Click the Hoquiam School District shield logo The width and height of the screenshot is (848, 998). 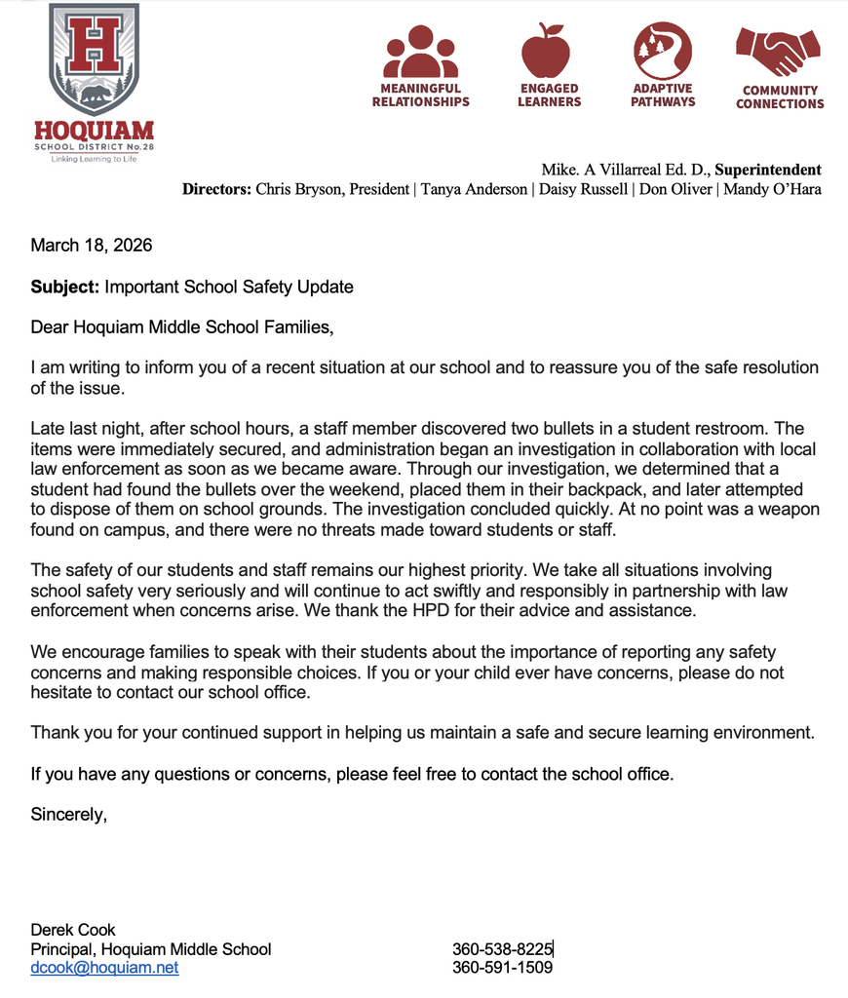[x=94, y=59]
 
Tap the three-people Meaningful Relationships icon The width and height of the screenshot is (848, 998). [x=420, y=52]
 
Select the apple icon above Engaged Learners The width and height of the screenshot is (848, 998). [x=549, y=51]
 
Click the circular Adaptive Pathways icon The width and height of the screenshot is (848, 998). [x=663, y=51]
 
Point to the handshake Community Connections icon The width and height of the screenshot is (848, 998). [x=779, y=52]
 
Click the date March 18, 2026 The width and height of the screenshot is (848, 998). [x=92, y=246]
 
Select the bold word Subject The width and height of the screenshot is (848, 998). [x=63, y=288]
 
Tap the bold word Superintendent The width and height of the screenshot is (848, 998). [x=768, y=171]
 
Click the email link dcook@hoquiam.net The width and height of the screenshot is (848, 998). [x=104, y=968]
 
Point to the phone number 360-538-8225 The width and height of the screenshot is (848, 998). [x=502, y=949]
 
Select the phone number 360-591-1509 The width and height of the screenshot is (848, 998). [x=502, y=968]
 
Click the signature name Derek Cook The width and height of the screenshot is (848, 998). [x=73, y=930]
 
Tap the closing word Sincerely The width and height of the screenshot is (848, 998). [x=68, y=815]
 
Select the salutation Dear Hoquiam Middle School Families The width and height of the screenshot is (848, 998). [x=181, y=328]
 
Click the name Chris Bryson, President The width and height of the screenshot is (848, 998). [x=332, y=189]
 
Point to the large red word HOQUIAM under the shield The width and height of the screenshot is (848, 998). [x=94, y=131]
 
